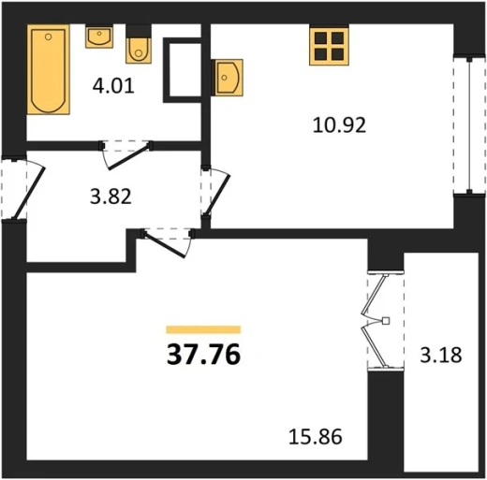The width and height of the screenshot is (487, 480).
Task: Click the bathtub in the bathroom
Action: coord(49,70)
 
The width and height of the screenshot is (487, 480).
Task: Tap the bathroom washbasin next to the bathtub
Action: coord(99,37)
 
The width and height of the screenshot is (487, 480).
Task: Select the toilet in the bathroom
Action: coord(139,51)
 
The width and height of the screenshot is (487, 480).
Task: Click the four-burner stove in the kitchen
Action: coord(329,47)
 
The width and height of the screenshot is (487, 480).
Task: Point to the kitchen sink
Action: coord(228,78)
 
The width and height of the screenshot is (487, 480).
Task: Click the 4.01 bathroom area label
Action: coord(113,86)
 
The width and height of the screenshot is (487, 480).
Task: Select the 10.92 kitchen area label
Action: coord(339,125)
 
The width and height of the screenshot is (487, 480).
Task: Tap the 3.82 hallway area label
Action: coord(111,197)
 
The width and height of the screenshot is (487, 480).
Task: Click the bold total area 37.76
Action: coord(203,354)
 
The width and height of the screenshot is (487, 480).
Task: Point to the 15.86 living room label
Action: coord(316,436)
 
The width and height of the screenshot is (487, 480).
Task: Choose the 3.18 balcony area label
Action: coord(440,355)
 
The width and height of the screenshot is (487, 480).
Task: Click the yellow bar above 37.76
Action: coord(203,329)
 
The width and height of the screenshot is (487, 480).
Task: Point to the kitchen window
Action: coord(469,125)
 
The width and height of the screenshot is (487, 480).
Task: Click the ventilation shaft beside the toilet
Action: coord(182,70)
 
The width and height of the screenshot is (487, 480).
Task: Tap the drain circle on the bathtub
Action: coord(48,36)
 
